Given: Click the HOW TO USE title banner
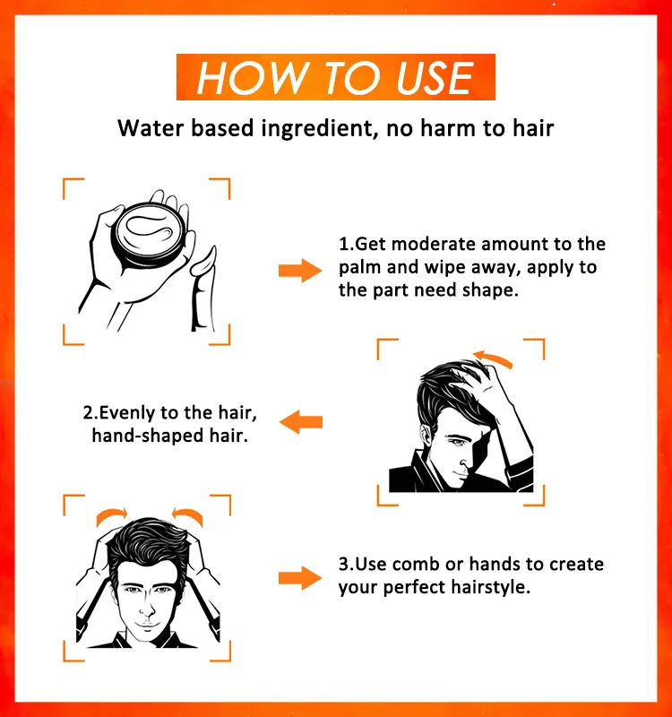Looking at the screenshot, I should coord(335,77).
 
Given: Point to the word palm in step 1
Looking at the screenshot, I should coord(362,268).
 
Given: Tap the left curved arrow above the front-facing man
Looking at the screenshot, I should coord(112,515).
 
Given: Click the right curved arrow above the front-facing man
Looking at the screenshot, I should coord(189,515).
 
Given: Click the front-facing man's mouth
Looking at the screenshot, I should coord(147,621).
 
